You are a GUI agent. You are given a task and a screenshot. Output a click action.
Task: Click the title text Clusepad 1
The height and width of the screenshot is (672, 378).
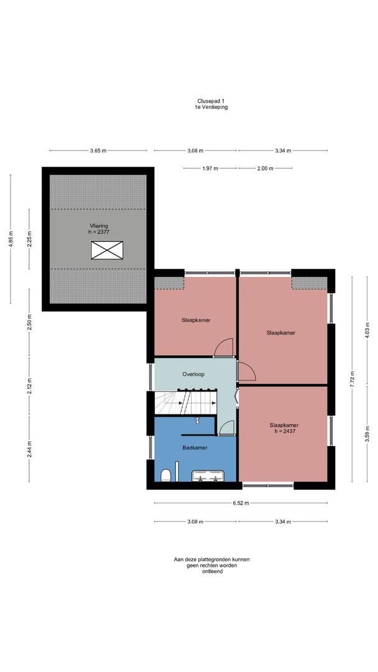(210, 101)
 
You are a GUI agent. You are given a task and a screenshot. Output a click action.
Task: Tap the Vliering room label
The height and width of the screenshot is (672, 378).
(98, 225)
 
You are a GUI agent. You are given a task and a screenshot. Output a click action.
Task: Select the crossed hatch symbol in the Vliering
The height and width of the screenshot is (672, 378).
(106, 250)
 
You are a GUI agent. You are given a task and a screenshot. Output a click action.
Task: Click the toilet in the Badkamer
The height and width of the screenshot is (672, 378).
(165, 475)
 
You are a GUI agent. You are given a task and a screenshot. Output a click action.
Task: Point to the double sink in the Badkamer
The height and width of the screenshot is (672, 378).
(208, 475)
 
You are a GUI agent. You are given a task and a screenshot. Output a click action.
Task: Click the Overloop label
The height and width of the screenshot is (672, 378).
(193, 374)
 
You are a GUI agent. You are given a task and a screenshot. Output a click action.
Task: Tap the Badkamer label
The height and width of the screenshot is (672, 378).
(195, 447)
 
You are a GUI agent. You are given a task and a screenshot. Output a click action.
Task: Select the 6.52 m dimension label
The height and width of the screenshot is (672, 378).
(241, 503)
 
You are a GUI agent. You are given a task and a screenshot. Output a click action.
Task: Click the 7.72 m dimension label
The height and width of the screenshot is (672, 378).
(353, 379)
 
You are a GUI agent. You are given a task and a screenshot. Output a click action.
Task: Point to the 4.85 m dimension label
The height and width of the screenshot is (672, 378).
(11, 239)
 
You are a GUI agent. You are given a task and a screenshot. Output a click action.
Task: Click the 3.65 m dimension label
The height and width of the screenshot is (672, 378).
(98, 151)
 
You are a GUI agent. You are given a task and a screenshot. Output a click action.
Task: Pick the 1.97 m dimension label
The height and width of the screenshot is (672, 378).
(210, 169)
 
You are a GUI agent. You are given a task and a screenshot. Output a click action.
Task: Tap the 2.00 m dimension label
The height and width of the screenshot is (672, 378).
(265, 169)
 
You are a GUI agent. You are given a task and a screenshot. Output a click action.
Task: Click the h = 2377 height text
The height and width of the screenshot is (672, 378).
(98, 231)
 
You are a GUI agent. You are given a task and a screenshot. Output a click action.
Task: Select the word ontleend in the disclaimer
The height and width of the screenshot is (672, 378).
(213, 571)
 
